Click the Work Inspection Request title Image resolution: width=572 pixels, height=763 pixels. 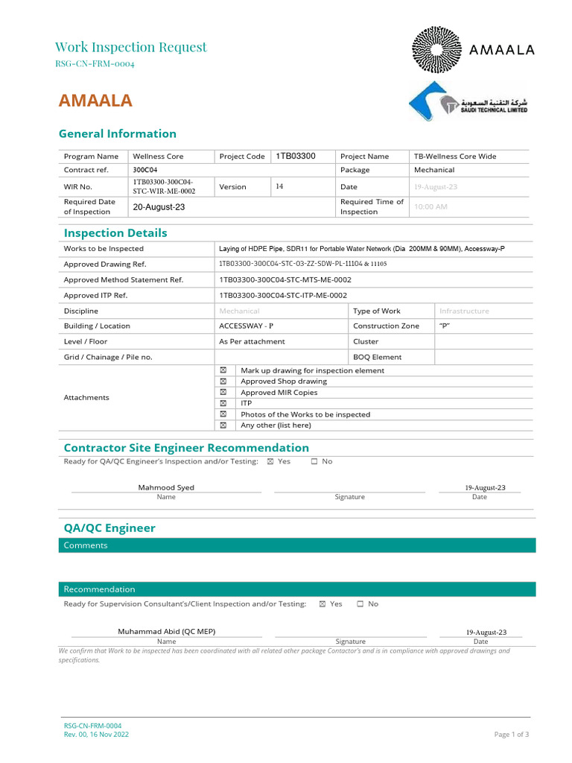click(131, 47)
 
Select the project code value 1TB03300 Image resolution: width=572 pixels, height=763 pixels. click(296, 156)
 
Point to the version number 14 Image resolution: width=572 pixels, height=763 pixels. click(279, 186)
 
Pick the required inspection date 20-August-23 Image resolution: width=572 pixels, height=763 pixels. click(159, 206)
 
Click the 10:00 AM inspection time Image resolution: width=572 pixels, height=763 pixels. click(430, 206)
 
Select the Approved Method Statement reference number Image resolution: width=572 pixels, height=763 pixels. click(285, 279)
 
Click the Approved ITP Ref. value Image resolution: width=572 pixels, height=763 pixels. click(283, 295)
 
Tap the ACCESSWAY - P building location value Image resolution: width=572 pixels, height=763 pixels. click(246, 326)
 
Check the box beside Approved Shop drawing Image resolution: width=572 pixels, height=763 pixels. click(223, 381)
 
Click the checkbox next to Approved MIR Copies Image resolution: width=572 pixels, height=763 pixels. click(223, 392)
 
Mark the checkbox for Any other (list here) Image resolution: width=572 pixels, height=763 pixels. click(223, 425)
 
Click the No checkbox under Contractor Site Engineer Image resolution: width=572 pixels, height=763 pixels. click(314, 461)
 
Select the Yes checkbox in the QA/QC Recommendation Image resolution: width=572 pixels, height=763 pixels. click(322, 604)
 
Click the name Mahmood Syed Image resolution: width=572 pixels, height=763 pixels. click(166, 487)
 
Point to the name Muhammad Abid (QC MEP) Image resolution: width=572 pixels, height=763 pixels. click(167, 631)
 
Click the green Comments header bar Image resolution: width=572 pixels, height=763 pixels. click(296, 545)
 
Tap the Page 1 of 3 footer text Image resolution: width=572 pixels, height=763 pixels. click(511, 734)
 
